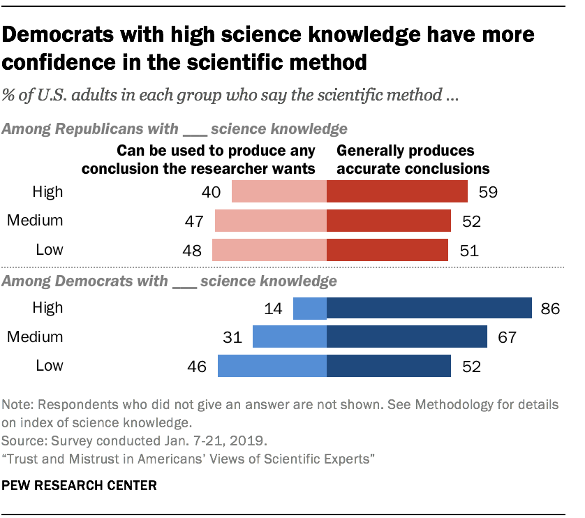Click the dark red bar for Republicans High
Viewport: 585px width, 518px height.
397,191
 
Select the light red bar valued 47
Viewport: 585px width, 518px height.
270,221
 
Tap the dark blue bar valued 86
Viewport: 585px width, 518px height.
429,308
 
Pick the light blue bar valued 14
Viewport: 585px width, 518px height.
309,308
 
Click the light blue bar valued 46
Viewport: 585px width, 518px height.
272,366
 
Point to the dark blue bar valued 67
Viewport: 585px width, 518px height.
406,337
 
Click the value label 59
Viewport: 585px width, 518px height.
488,191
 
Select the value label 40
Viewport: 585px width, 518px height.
211,191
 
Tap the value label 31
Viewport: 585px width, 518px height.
232,337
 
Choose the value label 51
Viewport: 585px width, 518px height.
468,250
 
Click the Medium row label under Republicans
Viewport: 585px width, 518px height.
35,221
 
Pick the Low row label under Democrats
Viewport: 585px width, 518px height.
48,366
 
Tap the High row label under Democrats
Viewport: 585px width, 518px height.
47,308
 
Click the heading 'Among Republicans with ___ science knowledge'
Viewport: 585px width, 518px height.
175,128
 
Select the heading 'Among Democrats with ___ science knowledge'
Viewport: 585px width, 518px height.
170,281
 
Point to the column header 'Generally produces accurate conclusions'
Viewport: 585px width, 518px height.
413,159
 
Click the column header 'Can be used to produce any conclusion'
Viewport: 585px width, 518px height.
216,159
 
